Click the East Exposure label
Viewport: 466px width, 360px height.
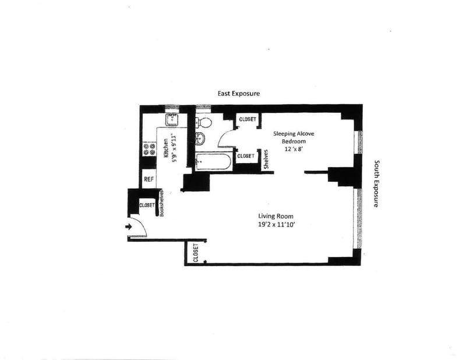point(238,93)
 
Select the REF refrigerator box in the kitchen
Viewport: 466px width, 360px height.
point(149,179)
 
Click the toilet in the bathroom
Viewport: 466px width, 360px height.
point(204,122)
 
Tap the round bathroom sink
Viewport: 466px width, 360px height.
point(200,138)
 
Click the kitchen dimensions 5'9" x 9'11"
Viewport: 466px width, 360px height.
point(174,150)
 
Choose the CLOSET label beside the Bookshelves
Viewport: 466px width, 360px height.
point(146,205)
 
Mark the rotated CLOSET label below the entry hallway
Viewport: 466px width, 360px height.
point(196,253)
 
